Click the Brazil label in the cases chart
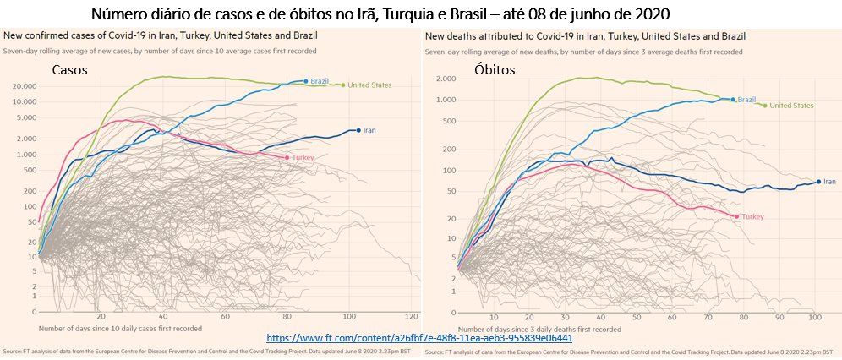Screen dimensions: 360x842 320,81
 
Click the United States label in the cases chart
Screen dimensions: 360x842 371,85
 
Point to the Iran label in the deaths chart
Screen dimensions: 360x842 830,182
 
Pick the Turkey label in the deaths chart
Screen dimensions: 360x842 753,216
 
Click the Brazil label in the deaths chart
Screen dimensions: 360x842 746,100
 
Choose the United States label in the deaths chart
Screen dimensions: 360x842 792,106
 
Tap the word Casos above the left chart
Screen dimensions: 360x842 71,71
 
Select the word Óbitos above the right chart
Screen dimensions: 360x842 494,71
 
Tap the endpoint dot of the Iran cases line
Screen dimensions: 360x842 358,130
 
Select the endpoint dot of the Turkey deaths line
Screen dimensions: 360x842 736,216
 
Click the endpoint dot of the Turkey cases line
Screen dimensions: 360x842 287,157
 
